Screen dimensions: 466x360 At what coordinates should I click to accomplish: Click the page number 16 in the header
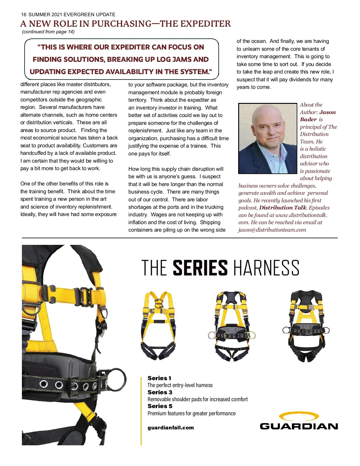24,14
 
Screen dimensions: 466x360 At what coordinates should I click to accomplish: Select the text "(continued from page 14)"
48,32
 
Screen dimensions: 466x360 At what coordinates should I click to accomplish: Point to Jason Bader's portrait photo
268,139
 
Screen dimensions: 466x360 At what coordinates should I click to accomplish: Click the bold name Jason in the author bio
328,112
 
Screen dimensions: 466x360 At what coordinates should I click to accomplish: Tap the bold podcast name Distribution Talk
283,208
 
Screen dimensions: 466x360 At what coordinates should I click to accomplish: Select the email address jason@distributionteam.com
272,230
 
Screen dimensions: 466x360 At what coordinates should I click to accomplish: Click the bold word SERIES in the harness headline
200,268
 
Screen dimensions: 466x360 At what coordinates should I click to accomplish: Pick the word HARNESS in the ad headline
266,268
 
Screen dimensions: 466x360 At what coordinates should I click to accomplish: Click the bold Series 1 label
159,378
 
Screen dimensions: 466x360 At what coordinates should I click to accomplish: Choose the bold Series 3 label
160,392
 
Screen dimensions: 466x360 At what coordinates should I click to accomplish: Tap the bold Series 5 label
160,406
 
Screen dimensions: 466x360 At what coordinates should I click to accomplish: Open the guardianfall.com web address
171,428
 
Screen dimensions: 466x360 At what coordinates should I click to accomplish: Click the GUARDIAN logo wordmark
299,426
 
